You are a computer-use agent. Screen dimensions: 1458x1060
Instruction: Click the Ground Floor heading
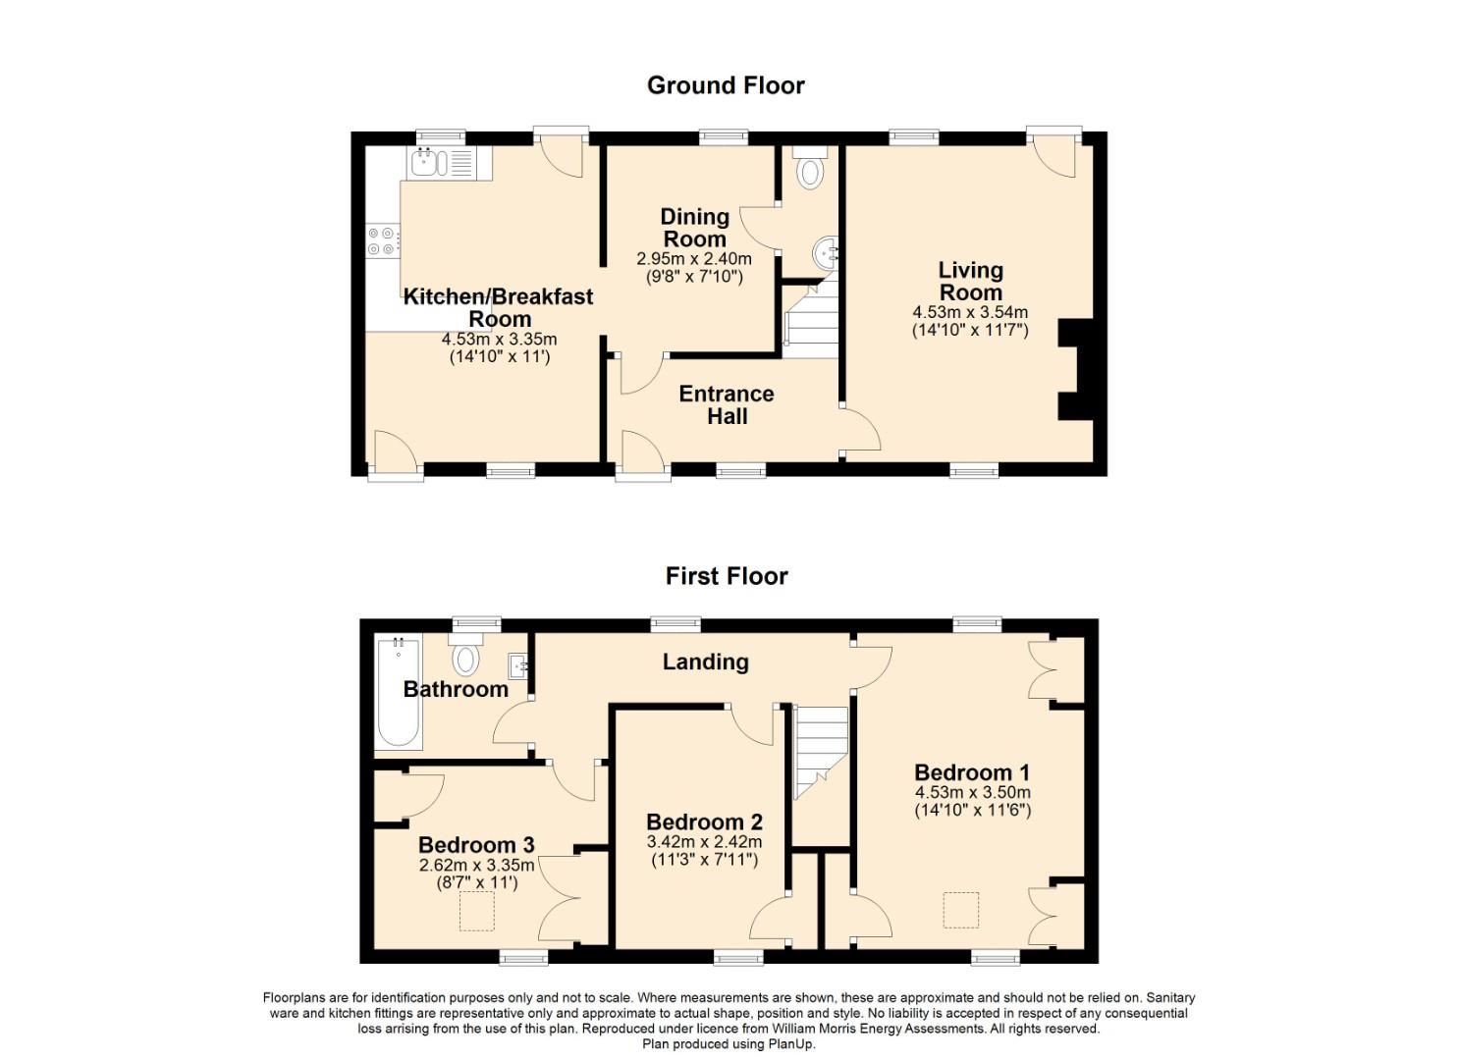pos(726,85)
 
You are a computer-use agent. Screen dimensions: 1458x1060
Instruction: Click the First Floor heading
pos(727,576)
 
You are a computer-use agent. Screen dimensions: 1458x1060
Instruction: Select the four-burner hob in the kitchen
pos(382,240)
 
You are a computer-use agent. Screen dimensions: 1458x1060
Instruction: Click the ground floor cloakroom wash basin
pos(826,252)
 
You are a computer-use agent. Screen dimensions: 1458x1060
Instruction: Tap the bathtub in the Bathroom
pos(399,692)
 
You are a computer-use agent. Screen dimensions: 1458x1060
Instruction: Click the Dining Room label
pos(694,227)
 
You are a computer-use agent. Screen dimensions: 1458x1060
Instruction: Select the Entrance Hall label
pos(727,404)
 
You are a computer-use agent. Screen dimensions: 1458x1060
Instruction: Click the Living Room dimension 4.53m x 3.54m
pos(970,312)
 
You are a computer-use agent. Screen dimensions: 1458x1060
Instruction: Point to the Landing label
pos(706,662)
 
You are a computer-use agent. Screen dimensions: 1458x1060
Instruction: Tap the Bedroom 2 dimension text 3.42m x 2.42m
pos(704,841)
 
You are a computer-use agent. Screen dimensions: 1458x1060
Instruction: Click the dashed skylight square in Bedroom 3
pos(477,911)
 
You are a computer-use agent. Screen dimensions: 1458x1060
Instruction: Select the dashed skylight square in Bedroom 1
pos(961,911)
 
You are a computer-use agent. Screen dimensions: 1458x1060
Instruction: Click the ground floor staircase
pos(811,319)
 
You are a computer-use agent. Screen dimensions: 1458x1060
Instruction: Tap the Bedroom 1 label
pos(972,772)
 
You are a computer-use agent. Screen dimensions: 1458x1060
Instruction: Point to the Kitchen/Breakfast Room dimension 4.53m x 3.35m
pos(499,339)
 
